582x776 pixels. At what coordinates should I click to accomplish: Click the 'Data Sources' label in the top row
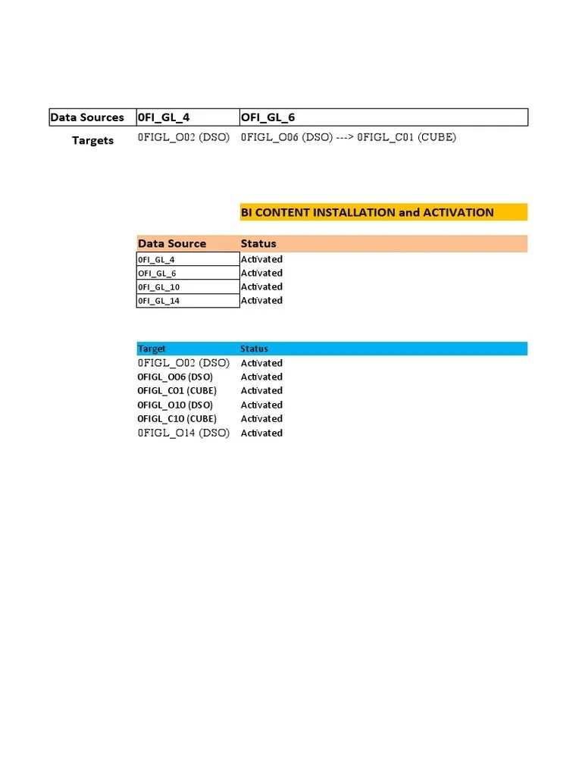click(x=86, y=117)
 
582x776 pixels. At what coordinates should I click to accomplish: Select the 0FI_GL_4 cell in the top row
click(x=163, y=117)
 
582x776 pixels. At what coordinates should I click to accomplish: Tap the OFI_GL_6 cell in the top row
click(x=268, y=117)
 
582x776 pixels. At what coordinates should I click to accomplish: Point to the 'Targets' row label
click(x=92, y=140)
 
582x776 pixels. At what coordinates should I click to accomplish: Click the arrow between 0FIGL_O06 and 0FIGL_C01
click(x=344, y=137)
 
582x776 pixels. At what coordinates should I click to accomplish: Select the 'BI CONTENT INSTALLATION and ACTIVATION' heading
click(x=367, y=212)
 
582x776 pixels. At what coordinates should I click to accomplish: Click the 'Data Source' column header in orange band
click(x=171, y=243)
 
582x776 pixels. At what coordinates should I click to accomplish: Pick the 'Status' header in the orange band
click(x=258, y=243)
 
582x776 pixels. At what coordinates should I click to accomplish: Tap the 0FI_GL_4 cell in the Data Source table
click(x=156, y=259)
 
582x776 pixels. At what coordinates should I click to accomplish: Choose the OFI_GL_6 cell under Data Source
click(x=157, y=273)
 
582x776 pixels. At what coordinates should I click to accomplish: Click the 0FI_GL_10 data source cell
click(x=158, y=287)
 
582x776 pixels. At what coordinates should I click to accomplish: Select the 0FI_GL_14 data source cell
click(x=158, y=301)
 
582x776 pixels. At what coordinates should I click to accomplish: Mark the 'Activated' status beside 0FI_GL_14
click(x=261, y=301)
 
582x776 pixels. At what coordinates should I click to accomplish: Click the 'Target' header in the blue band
click(x=152, y=349)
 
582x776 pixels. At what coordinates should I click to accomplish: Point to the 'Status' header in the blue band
click(x=254, y=349)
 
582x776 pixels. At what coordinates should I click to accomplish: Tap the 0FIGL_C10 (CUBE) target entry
click(x=177, y=418)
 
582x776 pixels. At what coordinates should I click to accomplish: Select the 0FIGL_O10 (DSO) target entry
click(x=175, y=405)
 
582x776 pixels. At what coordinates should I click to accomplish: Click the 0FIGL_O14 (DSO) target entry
click(x=183, y=433)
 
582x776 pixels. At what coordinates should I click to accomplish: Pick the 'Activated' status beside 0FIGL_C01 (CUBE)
click(x=261, y=390)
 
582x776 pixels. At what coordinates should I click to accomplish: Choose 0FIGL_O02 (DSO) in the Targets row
click(x=183, y=137)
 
